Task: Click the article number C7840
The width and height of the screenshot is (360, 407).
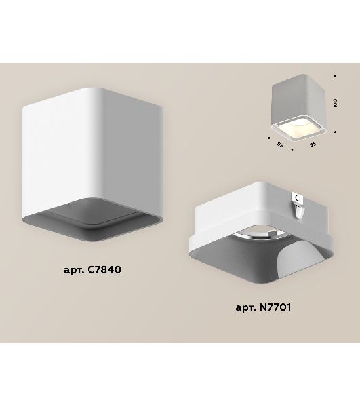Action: (104, 270)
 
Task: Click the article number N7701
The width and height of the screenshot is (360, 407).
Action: (275, 307)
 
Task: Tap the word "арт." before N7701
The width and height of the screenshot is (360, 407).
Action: (246, 308)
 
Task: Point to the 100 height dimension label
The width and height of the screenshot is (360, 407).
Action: (336, 103)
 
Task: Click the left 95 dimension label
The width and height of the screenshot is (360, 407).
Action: (280, 144)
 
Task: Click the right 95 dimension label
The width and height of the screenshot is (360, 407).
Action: (313, 144)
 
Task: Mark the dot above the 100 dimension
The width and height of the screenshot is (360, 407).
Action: (335, 75)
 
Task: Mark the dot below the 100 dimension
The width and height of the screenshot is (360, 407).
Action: (336, 132)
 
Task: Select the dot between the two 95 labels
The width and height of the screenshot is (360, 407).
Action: (292, 149)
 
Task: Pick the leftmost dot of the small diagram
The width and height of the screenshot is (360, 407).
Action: (269, 138)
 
